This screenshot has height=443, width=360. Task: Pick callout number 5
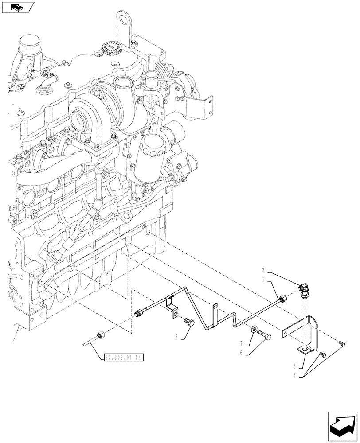[x=176, y=337]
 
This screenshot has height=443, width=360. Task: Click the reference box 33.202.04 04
[x=118, y=357]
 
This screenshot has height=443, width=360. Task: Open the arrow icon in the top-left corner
[x=18, y=7]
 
